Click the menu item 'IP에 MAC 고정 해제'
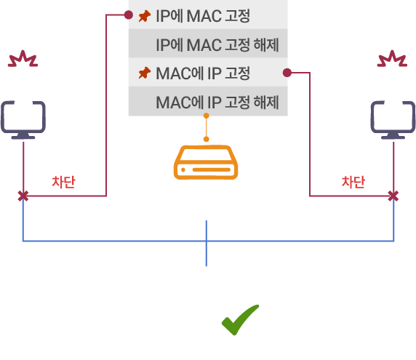pyautogui.click(x=208, y=44)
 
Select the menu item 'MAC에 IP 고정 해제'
pyautogui.click(x=208, y=101)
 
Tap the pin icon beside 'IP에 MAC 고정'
pyautogui.click(x=145, y=16)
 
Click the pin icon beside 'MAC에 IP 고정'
pyautogui.click(x=145, y=73)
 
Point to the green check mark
pyautogui.click(x=241, y=320)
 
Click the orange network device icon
pyautogui.click(x=206, y=162)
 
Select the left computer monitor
pyautogui.click(x=23, y=120)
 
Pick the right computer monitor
pyautogui.click(x=393, y=120)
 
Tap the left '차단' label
pyautogui.click(x=63, y=182)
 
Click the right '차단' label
pyautogui.click(x=353, y=182)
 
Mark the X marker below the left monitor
pyautogui.click(x=23, y=196)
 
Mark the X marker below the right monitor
pyautogui.click(x=393, y=196)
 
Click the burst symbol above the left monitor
pyautogui.click(x=23, y=59)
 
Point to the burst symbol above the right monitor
pyautogui.click(x=392, y=59)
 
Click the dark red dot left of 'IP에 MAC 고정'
pyautogui.click(x=129, y=15)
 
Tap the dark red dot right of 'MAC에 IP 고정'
pyautogui.click(x=287, y=73)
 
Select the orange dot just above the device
pyautogui.click(x=206, y=140)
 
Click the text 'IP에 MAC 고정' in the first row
pyautogui.click(x=203, y=16)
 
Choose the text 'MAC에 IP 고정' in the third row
pyautogui.click(x=203, y=73)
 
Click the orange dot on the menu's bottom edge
pyautogui.click(x=206, y=116)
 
